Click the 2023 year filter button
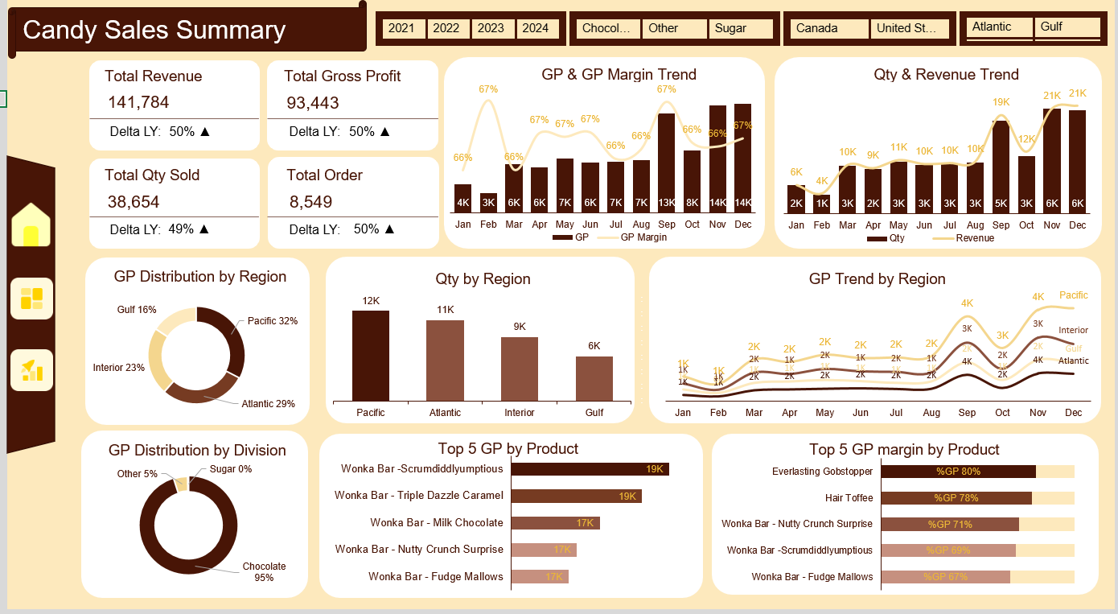(491, 28)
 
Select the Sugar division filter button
(740, 28)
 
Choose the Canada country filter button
(828, 28)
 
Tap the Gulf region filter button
(1067, 27)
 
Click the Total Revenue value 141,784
(138, 102)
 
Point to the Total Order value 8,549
(310, 201)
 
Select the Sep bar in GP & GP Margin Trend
(666, 162)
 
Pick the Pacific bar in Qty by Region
(370, 355)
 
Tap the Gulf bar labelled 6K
(594, 378)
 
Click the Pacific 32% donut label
(272, 321)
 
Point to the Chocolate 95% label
(264, 571)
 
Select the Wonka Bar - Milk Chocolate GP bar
(556, 523)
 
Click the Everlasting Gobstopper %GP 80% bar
(958, 472)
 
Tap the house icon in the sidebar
(31, 225)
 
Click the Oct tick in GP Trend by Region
(1002, 413)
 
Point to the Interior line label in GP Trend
(1073, 331)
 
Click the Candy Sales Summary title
(154, 30)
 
